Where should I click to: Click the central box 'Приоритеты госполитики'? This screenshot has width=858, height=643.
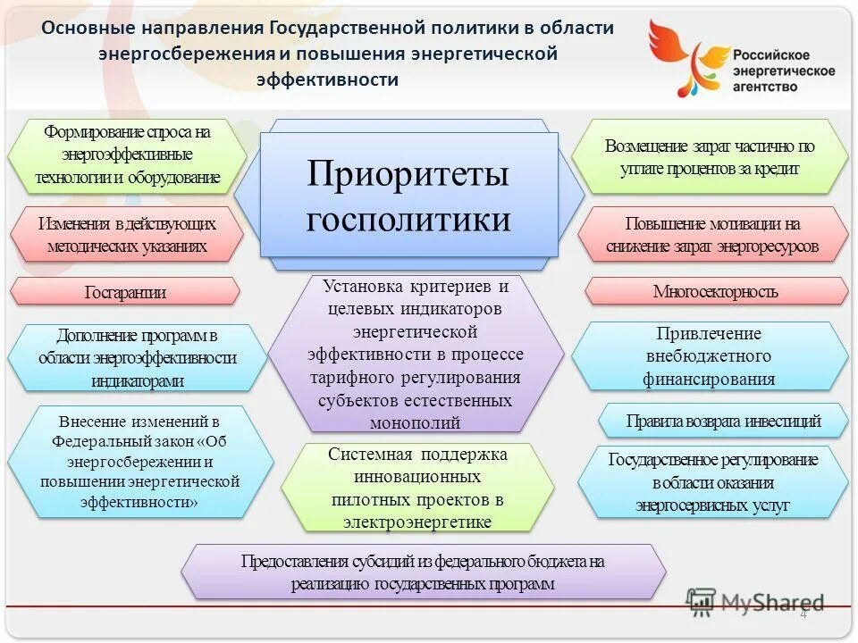[x=408, y=195]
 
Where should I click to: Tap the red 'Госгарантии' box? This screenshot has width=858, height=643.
[x=125, y=291]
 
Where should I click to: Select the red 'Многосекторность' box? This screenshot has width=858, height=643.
[x=716, y=291]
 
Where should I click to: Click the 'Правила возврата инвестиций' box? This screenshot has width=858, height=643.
[x=722, y=421]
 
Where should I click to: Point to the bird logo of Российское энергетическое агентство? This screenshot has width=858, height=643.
[x=686, y=55]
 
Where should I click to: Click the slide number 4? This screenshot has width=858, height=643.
[x=803, y=614]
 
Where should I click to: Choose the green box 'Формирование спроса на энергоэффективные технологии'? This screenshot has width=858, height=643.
[x=127, y=154]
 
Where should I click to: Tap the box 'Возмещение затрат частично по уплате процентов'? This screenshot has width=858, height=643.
[x=710, y=156]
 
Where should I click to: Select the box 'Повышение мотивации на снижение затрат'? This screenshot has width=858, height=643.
[x=712, y=234]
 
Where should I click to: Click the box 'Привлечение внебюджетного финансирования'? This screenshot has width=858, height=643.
[x=709, y=355]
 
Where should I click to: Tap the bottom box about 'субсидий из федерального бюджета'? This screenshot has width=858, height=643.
[x=423, y=572]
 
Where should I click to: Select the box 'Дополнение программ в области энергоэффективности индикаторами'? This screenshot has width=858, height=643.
[x=137, y=357]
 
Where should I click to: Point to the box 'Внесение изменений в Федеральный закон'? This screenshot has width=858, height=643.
[x=139, y=461]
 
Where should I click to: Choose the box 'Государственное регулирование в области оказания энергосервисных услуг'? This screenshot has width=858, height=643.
[x=712, y=482]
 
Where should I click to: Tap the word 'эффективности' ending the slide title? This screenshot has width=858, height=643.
[x=327, y=79]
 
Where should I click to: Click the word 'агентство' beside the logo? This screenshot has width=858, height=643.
[x=766, y=87]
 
